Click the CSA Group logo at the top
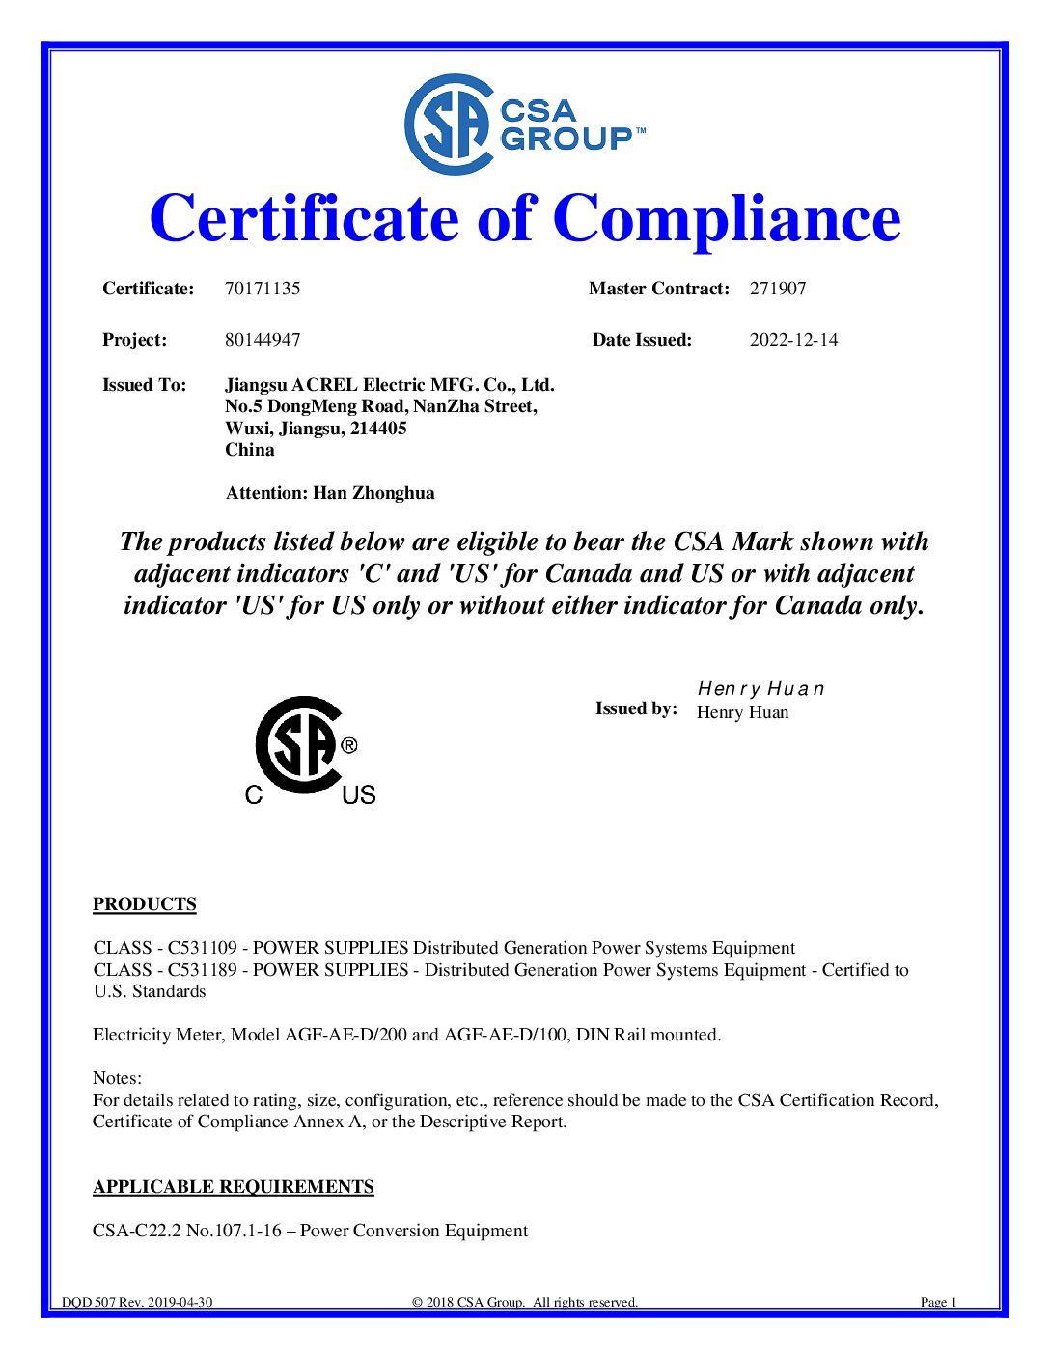tap(524, 125)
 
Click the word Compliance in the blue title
tap(727, 219)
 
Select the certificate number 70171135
tap(262, 289)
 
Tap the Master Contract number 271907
tap(778, 289)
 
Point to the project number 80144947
tap(262, 340)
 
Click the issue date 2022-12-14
tap(793, 340)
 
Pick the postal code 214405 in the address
tap(378, 429)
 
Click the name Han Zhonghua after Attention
tap(373, 493)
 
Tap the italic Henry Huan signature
tap(760, 689)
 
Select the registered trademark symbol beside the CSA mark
tap(349, 745)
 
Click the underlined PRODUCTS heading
tap(145, 904)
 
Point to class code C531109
tap(202, 948)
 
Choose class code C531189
tap(202, 970)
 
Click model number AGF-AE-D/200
tap(345, 1035)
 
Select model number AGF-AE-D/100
tap(505, 1035)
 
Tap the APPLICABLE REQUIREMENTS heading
tap(234, 1187)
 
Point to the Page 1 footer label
tap(938, 1302)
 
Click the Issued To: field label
tap(145, 385)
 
